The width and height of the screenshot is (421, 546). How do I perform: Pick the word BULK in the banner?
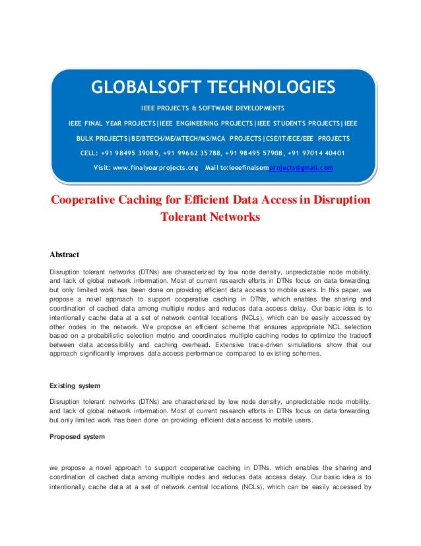pos(86,138)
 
